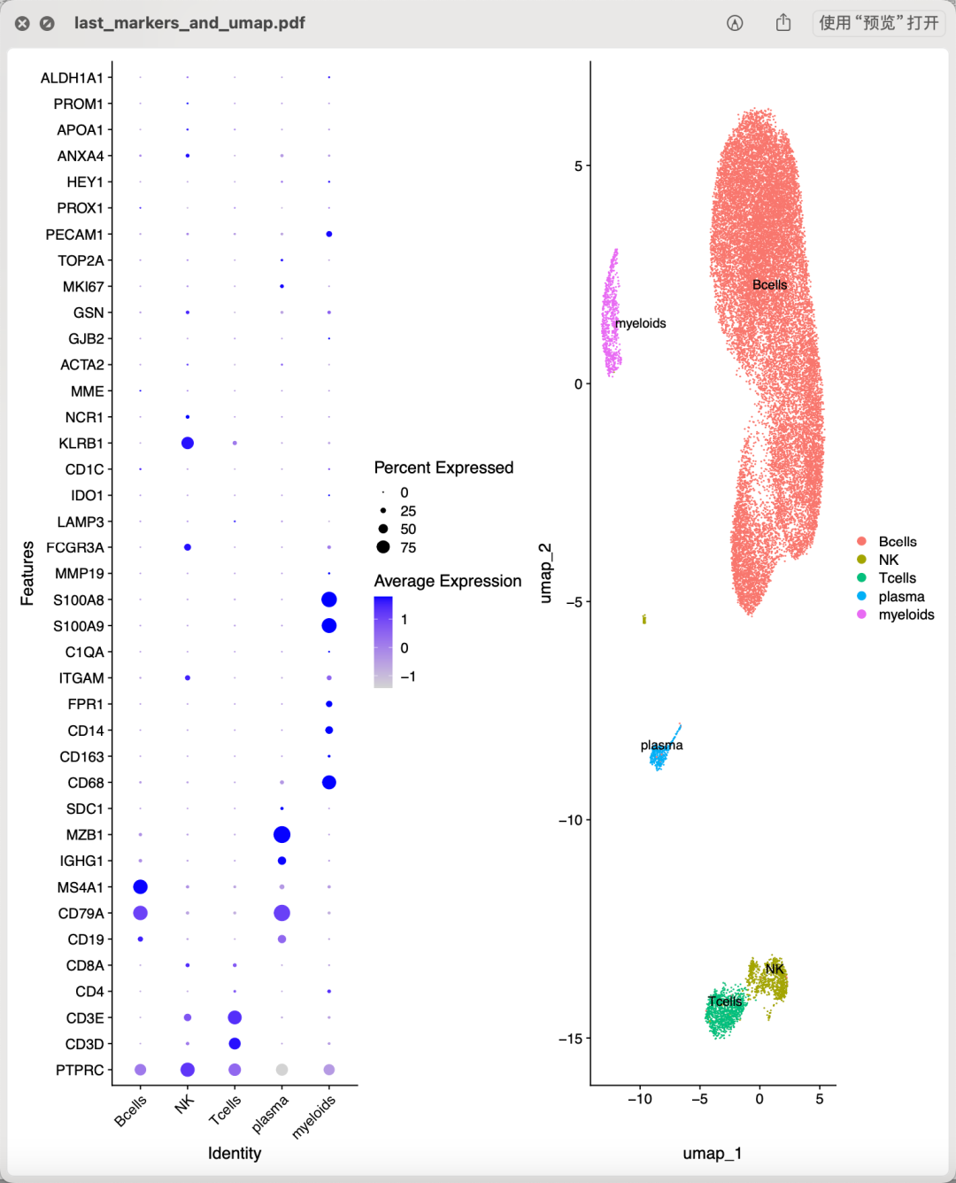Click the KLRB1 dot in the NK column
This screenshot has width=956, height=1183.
[x=188, y=443]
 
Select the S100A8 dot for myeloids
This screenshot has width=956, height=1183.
[x=329, y=599]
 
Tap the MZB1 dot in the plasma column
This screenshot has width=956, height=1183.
[x=281, y=834]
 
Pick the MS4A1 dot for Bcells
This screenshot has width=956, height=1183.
[x=140, y=886]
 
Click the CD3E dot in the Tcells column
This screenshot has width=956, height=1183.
[x=235, y=1017]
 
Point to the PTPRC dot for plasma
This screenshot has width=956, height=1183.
[x=281, y=1070]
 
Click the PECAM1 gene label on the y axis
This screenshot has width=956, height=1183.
[x=74, y=235]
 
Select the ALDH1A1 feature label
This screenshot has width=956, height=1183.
[x=72, y=78]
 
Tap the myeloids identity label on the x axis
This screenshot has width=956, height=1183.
[x=314, y=1116]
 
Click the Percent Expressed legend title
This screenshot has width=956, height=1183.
[x=443, y=468]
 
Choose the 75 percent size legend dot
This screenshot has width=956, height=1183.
[x=383, y=547]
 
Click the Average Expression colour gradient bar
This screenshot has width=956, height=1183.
[x=383, y=642]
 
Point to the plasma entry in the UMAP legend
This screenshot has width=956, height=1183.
[x=901, y=597]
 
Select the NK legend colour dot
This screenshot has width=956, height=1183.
[x=861, y=560]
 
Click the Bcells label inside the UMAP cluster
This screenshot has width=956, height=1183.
[x=769, y=285]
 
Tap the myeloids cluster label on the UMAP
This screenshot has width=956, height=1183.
[x=640, y=323]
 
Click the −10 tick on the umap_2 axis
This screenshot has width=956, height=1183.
[x=570, y=820]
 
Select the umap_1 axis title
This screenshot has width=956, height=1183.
[x=712, y=1153]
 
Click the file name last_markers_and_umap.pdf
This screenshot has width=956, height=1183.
[x=189, y=23]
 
